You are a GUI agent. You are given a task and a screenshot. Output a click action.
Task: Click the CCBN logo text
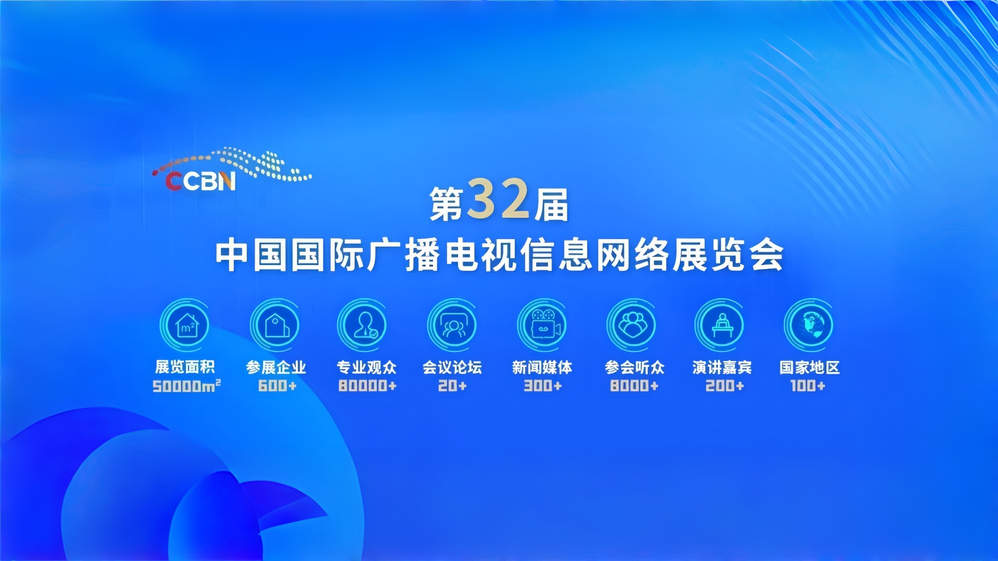point(201,181)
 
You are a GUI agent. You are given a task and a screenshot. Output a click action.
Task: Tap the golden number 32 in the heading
point(498,199)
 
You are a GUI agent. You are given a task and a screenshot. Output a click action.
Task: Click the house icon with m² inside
point(187,326)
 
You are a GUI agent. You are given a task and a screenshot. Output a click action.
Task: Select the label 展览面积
point(185,367)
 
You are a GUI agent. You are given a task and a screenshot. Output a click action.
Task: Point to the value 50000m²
point(187,386)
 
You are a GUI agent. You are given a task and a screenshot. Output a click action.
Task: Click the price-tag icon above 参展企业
point(277,325)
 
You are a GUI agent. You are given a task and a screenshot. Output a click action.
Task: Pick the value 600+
point(277,385)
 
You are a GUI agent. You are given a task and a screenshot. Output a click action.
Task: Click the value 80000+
point(367,385)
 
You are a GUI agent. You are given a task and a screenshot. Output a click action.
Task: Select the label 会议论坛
point(452,367)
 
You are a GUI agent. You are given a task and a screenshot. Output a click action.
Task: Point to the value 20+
point(452,385)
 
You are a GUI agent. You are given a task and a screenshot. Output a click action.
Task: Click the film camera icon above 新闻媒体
point(544,325)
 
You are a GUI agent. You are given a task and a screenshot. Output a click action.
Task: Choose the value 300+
point(543,385)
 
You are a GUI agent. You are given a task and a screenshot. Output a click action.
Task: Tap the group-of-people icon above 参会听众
point(632,325)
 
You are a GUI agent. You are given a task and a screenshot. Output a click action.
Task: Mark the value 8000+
point(634,385)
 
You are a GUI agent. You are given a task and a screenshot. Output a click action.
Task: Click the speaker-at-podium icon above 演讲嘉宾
point(722,325)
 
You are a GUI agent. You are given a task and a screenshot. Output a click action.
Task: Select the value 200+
point(725,385)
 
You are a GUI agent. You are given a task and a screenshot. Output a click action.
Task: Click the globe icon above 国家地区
point(809,325)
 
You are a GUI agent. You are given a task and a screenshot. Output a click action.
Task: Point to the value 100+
point(808,385)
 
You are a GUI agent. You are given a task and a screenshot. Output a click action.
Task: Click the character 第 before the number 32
point(446,204)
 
